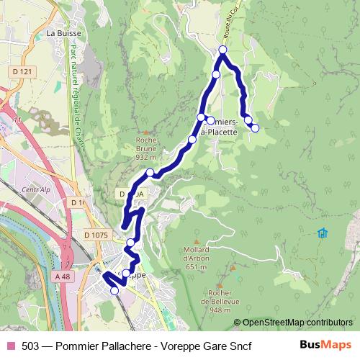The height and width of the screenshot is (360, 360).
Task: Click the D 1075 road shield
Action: pos(95,234)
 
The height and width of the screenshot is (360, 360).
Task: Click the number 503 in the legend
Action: pos(30,346)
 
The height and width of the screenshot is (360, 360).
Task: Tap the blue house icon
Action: pos(322,233)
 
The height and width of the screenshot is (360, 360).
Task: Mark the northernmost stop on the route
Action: pos(222,50)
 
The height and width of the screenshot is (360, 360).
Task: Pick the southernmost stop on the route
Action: pos(114,290)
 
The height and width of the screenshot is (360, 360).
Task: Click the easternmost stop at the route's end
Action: pos(255,127)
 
